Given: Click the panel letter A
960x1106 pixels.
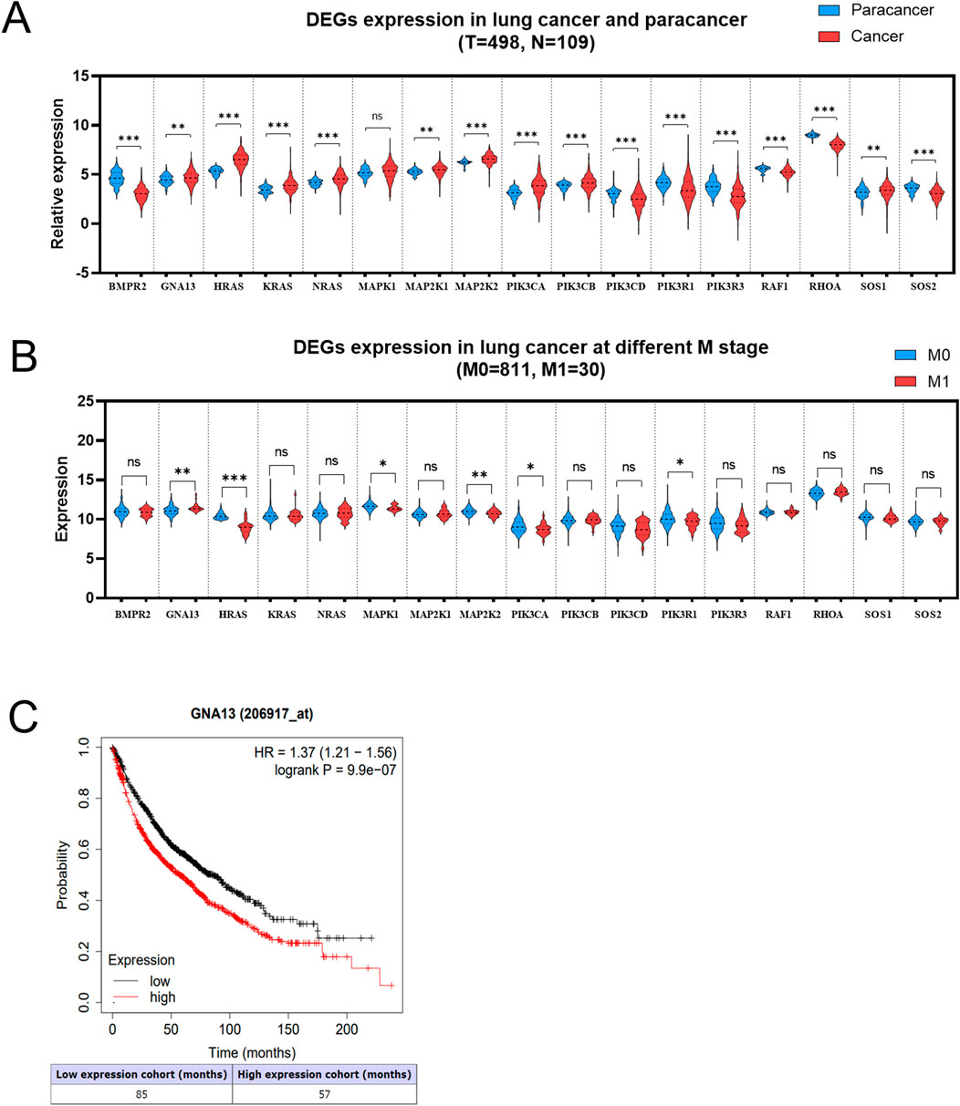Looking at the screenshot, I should pos(20,20).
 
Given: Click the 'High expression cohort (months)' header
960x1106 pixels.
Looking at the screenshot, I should pos(325,1074).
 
